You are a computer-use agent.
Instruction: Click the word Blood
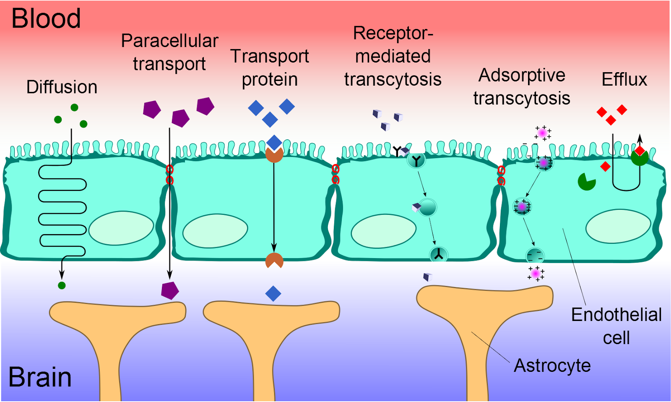46,18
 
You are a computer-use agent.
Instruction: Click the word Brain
40,377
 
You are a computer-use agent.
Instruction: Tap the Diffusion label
62,87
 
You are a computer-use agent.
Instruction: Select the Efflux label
624,80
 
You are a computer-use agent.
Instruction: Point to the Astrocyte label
552,365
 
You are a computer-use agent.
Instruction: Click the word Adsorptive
522,76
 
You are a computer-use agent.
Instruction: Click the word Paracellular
169,41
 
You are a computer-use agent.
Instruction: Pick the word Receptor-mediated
393,44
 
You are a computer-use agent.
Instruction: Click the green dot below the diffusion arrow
62,286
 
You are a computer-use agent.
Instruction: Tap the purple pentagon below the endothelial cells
170,290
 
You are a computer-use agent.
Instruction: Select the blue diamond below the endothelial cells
273,294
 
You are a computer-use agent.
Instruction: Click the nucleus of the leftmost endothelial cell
121,228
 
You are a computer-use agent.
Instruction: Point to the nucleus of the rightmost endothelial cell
618,226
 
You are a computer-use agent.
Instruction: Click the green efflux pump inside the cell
587,182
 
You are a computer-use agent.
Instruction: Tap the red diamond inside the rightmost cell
605,167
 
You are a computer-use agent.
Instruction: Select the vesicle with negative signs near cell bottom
535,255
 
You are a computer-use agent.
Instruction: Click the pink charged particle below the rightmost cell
536,274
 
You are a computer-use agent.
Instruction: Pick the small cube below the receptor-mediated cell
427,277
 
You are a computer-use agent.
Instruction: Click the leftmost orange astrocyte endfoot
117,315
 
